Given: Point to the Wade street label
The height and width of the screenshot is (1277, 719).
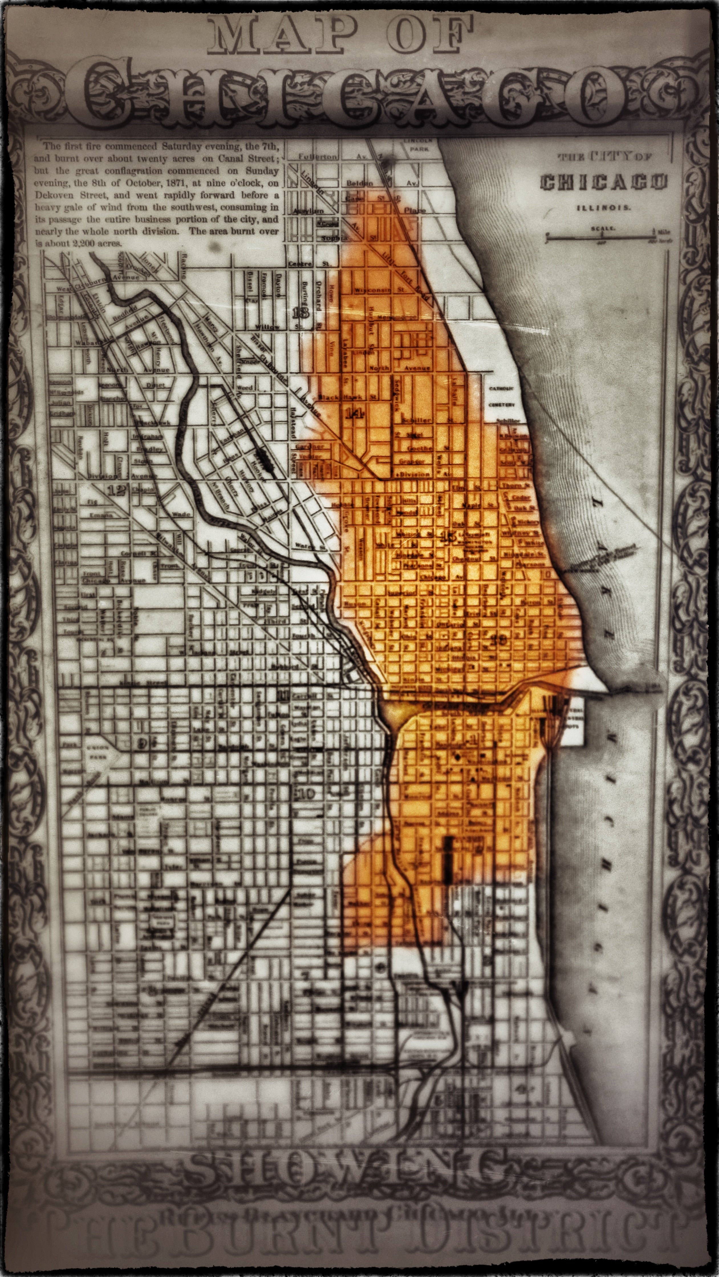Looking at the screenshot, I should click(181, 514).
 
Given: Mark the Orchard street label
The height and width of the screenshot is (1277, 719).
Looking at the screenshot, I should click(318, 297).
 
